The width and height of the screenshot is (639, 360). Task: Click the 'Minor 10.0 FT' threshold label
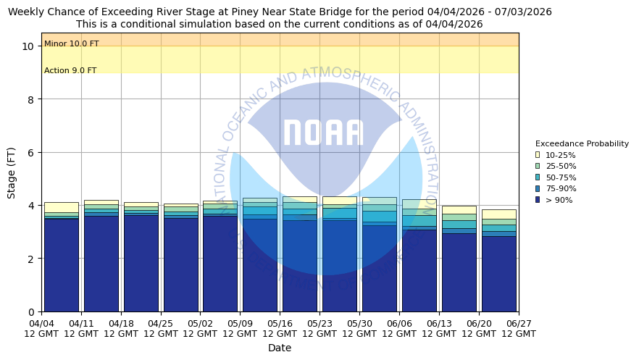71,44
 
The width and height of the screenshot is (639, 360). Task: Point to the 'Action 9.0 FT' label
70,70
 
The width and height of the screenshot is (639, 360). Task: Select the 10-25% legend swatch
538,155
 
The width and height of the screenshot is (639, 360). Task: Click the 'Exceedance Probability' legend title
582,143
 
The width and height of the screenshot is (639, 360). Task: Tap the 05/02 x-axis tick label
200,328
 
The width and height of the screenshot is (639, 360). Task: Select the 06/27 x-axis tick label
518,328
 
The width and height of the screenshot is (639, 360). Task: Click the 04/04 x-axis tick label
41,328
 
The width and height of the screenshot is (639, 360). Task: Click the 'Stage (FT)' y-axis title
12,172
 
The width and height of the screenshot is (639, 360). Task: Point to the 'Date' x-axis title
280,348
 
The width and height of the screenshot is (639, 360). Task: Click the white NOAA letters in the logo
323,133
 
